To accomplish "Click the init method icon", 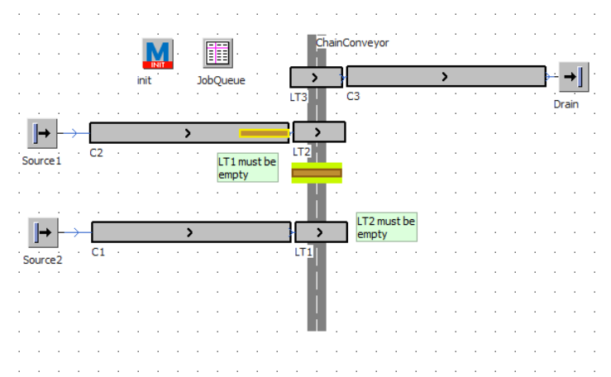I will coord(158,54).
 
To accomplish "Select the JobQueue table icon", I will coord(218,54).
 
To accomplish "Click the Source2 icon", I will coord(42,232).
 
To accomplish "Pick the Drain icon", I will coord(572,78).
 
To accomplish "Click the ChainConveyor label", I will coord(352,42).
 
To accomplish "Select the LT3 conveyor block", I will coord(315,78).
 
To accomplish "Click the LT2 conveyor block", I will coord(318,131).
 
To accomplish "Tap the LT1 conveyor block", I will coord(321,231).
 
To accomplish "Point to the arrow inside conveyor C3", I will coord(445,77).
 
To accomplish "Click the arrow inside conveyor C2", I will coord(188,132).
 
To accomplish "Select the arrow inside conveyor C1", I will coord(189,232).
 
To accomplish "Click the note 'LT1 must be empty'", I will coord(247,168).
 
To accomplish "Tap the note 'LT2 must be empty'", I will coord(386,227).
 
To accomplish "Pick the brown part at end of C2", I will coord(264,133).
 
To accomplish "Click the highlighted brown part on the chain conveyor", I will coord(317,173).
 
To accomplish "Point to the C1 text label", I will coord(98,251).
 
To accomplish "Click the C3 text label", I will coord(353,96).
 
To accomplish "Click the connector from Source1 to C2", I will coord(73,133).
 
